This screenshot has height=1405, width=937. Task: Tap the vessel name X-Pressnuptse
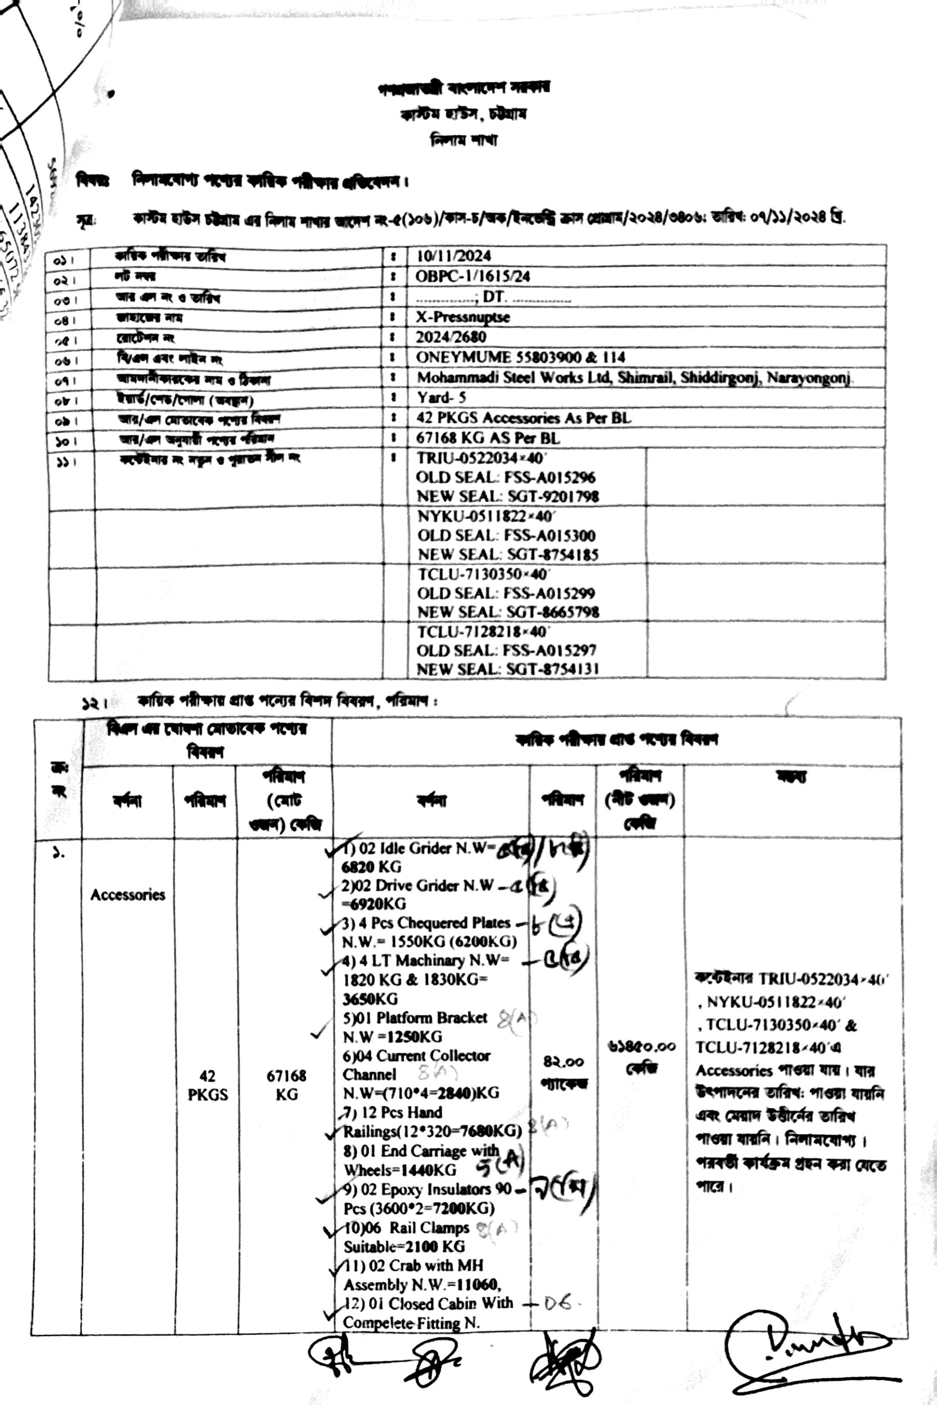point(463,317)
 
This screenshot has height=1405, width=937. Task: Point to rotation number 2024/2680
point(451,337)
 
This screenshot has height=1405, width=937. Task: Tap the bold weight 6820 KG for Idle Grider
point(371,867)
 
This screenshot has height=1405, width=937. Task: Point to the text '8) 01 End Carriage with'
point(421,1151)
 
